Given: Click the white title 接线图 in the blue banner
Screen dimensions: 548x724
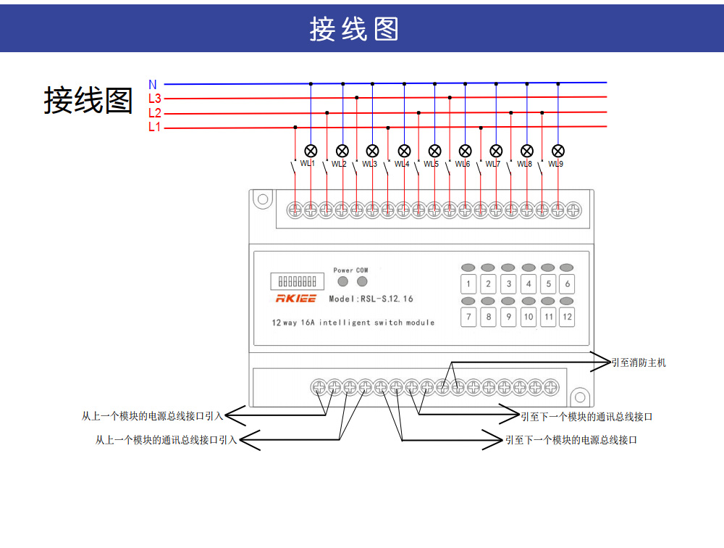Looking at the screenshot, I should (x=354, y=29).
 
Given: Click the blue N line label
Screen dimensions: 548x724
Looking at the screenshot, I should (x=152, y=85).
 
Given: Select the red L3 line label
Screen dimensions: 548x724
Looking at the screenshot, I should (x=155, y=99).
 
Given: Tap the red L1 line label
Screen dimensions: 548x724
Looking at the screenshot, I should (x=155, y=128).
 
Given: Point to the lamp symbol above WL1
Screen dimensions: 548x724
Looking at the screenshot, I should (x=311, y=151).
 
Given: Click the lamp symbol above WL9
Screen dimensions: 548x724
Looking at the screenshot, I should (x=558, y=151).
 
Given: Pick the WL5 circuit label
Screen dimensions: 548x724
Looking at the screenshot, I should (x=431, y=164).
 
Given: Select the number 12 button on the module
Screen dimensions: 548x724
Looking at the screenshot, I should (x=568, y=317).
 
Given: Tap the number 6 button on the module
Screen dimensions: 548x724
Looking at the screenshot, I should (x=568, y=284).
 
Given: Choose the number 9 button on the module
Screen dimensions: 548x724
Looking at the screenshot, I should (x=508, y=317).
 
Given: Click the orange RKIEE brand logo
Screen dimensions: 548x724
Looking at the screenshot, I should (x=295, y=299).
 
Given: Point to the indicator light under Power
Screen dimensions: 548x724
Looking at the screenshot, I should (x=343, y=281).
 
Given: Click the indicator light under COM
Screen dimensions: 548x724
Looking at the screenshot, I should (x=362, y=281).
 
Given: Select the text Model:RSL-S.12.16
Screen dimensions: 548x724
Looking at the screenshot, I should (x=371, y=299).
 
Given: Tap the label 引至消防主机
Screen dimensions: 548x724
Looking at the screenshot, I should (x=639, y=362).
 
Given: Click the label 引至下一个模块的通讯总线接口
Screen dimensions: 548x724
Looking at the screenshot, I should (x=587, y=417).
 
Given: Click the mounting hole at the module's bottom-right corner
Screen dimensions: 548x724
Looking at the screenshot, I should (x=579, y=397).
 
